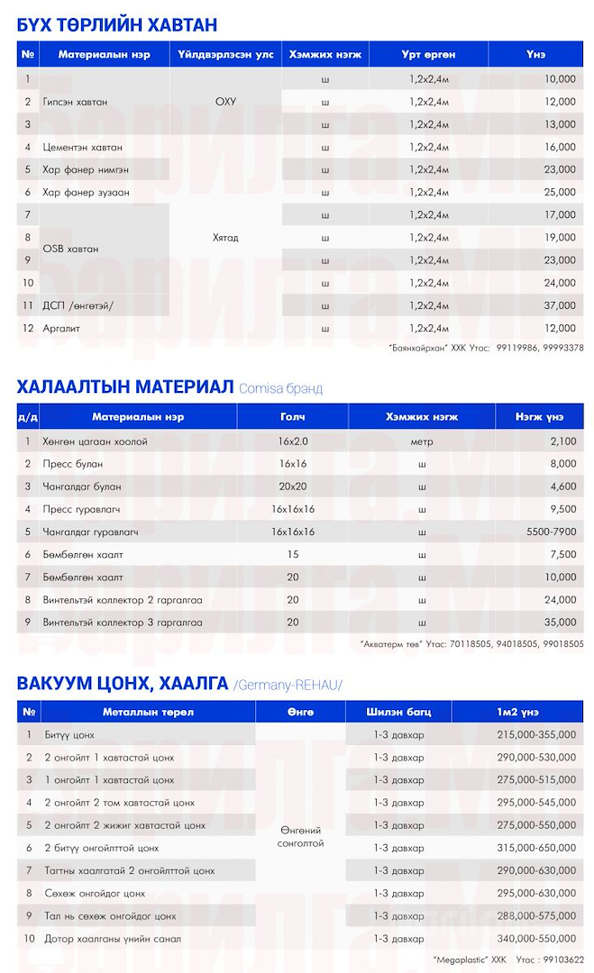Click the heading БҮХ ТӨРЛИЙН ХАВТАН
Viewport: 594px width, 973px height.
(x=117, y=24)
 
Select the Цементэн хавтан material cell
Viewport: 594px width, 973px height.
(x=83, y=147)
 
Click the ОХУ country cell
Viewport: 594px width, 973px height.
(x=225, y=102)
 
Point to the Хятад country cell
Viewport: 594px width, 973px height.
(x=225, y=238)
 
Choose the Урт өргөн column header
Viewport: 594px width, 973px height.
(x=428, y=55)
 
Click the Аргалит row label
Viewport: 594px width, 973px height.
(x=61, y=328)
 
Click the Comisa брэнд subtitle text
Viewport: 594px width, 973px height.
(x=280, y=388)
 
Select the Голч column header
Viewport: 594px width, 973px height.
(x=293, y=417)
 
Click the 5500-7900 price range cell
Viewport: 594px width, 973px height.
(x=552, y=532)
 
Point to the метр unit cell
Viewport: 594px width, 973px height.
(x=422, y=441)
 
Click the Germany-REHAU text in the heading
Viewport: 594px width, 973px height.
(x=288, y=685)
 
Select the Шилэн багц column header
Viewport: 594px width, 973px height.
(x=398, y=712)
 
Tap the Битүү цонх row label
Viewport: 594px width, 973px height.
(x=69, y=735)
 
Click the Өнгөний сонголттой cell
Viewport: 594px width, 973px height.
(x=301, y=836)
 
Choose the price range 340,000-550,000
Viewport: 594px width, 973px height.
(x=536, y=938)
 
